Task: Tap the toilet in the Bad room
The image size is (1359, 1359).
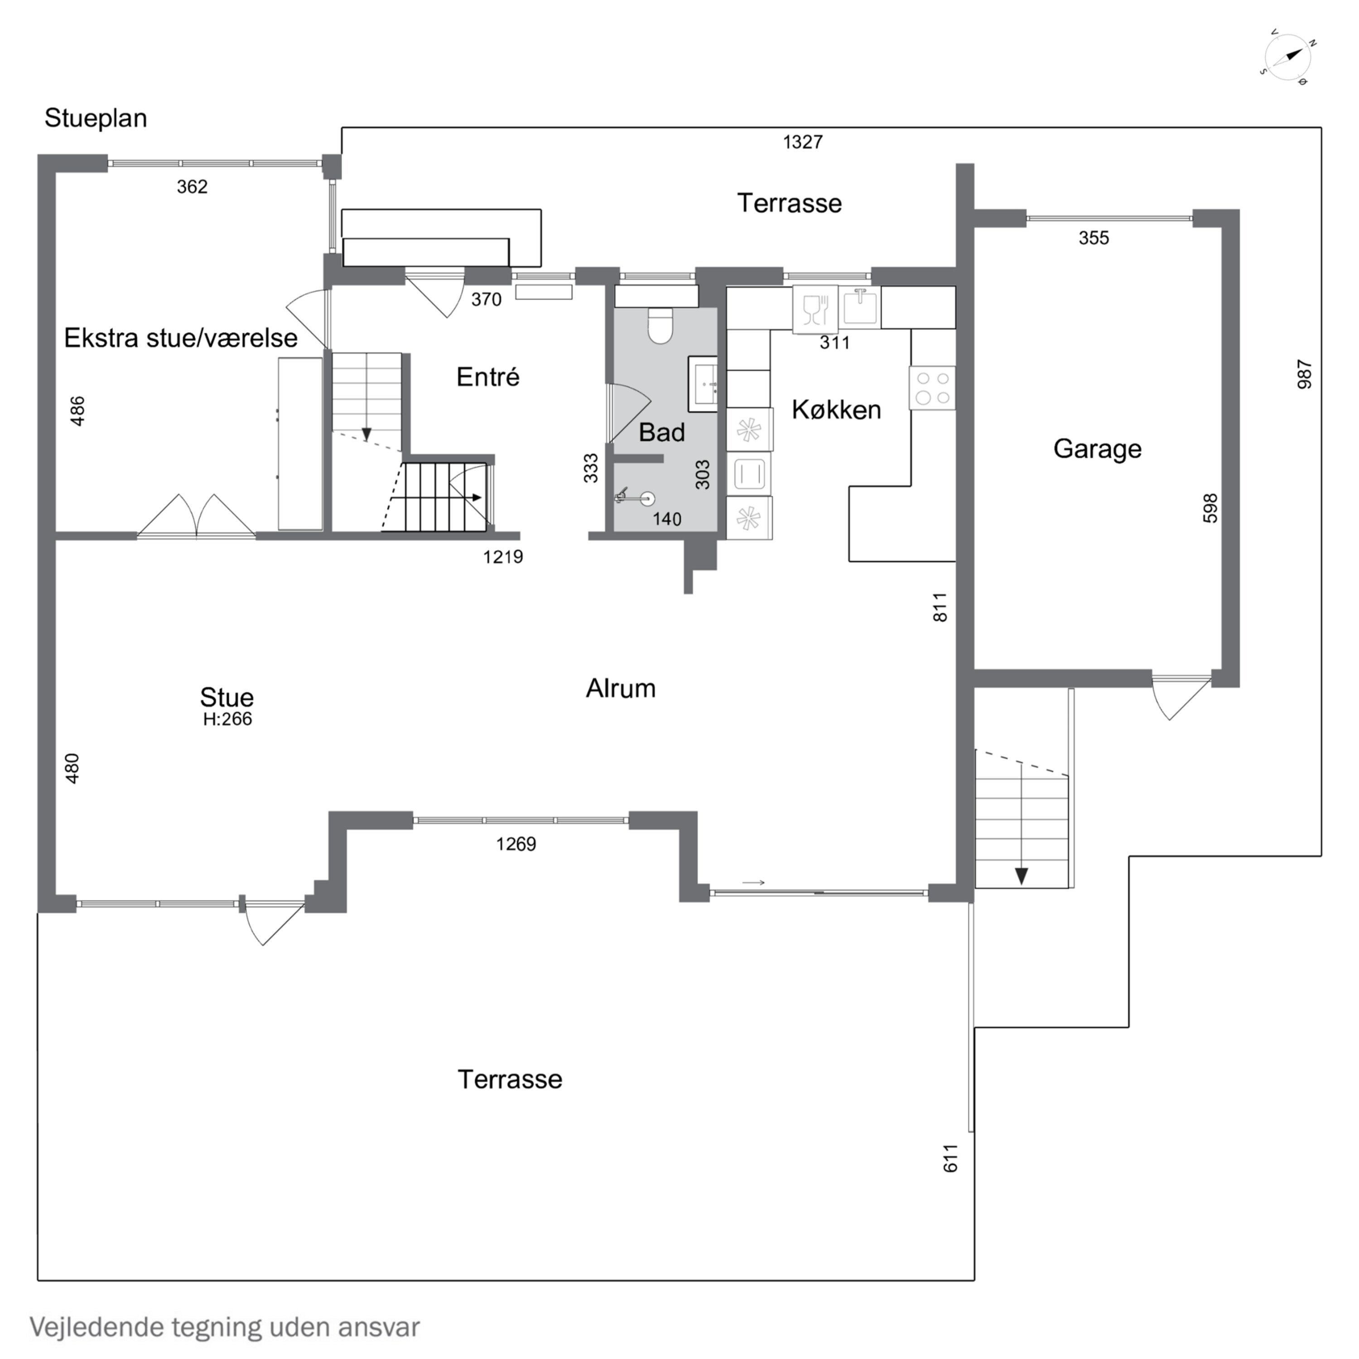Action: point(660,326)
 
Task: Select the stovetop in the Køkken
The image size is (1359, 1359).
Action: point(932,388)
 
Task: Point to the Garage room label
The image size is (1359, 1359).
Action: point(1097,449)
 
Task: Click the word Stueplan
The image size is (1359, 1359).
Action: point(96,118)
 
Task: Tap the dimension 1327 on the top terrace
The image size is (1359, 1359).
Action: point(803,142)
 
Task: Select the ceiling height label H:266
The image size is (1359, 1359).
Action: point(227,719)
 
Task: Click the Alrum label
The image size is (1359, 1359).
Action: point(621,688)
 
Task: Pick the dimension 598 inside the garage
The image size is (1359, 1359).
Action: point(1210,508)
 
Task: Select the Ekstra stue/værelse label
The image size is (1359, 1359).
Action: point(181,338)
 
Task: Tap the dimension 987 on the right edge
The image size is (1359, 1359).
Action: point(1304,375)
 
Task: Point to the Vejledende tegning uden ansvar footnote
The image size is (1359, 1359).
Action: point(224,1327)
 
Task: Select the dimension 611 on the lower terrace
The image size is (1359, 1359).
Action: point(950,1158)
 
